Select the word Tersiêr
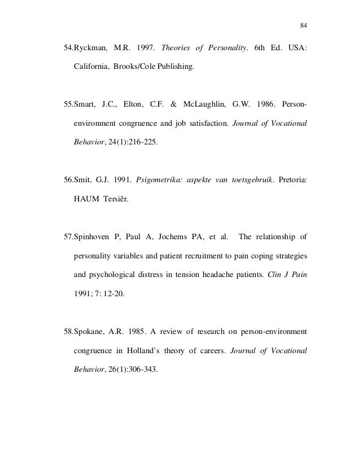[x=115, y=200]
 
